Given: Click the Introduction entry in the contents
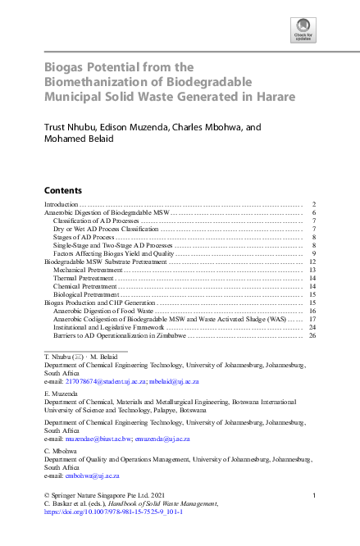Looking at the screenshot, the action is (x=61, y=203).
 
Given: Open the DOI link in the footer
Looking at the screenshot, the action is (x=113, y=510).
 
